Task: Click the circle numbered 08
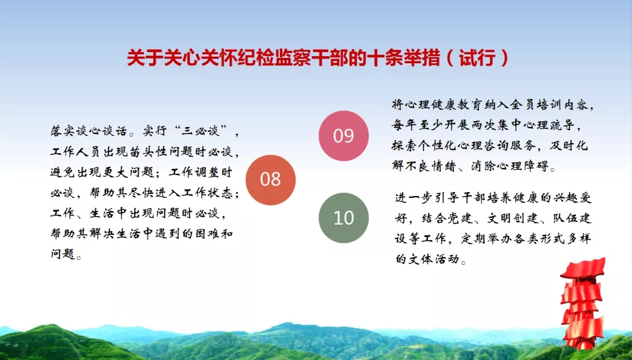(270, 180)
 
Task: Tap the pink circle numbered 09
(344, 136)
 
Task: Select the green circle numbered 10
(344, 218)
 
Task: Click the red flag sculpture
(582, 303)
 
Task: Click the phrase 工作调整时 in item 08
(201, 172)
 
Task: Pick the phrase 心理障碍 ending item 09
(523, 166)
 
